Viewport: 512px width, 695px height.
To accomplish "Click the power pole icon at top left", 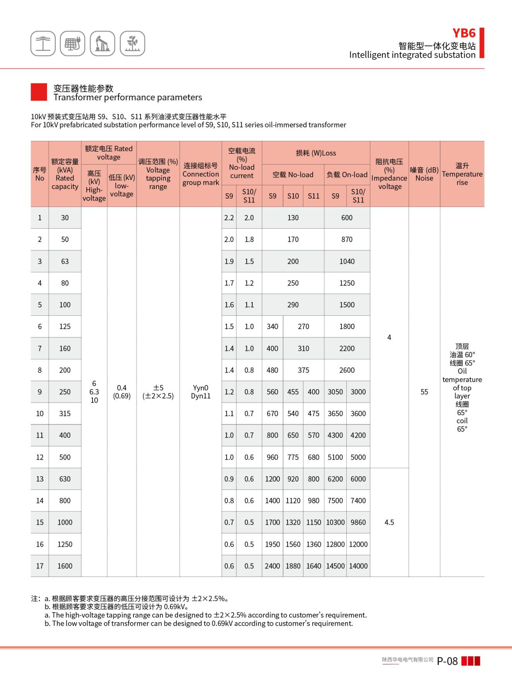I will [43, 43].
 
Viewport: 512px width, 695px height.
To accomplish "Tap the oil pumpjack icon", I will [103, 43].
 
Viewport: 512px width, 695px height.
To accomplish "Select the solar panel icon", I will [72, 43].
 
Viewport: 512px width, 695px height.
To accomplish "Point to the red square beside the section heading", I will [39, 92].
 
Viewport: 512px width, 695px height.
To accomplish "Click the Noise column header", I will [424, 174].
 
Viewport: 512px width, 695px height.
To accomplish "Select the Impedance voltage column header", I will [389, 174].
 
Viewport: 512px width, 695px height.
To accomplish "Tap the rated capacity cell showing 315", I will [65, 414].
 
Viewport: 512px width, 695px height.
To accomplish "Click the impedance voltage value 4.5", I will [389, 522].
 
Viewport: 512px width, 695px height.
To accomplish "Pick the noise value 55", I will [424, 392].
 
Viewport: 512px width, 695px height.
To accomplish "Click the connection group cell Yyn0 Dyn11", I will [200, 392].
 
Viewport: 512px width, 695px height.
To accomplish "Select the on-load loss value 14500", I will [335, 566].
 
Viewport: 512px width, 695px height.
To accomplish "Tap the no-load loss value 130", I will [293, 218].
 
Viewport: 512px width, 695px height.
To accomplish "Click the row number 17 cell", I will [39, 566].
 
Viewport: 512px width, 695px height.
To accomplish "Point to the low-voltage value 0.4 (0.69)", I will [122, 392].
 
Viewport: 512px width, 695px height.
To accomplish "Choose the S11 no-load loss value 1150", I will [313, 522].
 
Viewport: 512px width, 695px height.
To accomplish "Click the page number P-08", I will [447, 661].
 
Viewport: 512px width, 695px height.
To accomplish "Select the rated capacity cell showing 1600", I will [65, 566].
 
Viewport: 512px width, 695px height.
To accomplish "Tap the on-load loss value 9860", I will [358, 522].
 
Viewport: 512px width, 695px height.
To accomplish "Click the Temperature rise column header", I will [462, 174].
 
